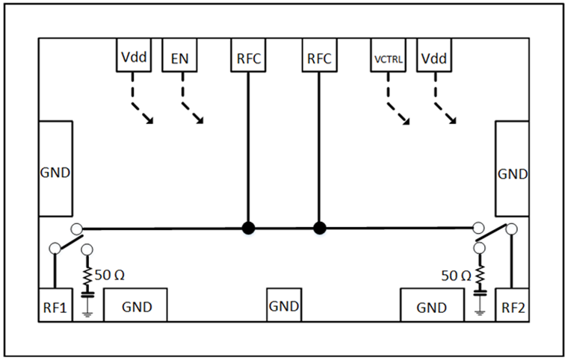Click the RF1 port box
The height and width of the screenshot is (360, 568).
55,306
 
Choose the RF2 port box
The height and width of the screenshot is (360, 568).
513,306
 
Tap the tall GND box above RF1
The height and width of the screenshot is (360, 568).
55,172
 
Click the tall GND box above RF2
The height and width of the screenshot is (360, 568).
513,173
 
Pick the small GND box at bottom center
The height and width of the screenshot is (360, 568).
284,306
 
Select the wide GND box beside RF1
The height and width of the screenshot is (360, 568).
135,306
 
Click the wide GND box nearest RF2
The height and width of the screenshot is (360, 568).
431,306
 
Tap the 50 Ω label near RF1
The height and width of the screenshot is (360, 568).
114,274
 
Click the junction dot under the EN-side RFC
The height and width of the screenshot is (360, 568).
247,228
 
